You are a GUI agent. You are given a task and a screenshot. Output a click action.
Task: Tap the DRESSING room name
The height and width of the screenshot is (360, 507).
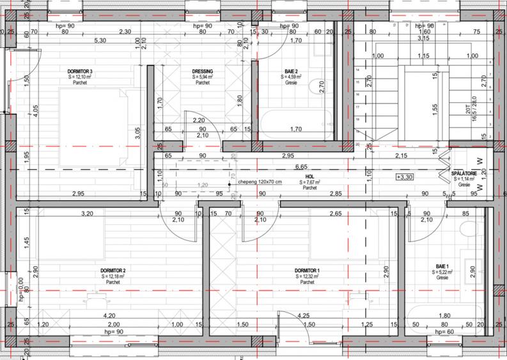[202, 71]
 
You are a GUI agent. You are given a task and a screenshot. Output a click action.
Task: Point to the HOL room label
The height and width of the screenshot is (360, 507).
[309, 176]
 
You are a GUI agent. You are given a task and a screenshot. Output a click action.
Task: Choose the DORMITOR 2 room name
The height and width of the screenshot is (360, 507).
[113, 270]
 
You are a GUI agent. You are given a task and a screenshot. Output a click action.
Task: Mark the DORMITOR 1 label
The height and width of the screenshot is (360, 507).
[308, 270]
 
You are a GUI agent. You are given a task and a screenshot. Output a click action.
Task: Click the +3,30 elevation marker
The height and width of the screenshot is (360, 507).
[405, 176]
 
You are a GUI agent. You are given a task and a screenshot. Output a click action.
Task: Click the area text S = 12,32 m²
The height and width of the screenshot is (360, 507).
[308, 276]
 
